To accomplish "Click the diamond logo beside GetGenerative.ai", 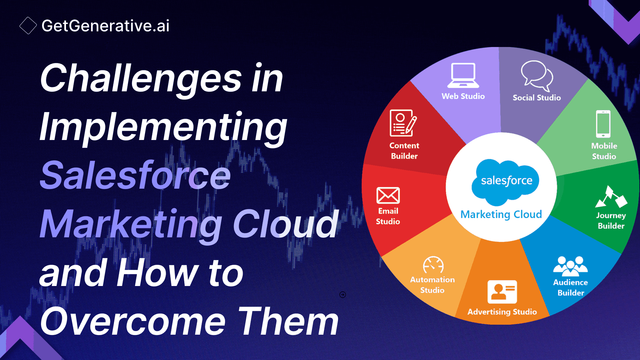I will [x=28, y=26].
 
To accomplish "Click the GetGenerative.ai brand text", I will [x=105, y=26].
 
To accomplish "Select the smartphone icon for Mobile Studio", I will [x=603, y=124].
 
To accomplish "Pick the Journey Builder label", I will [x=611, y=220].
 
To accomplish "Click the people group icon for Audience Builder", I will [x=570, y=266].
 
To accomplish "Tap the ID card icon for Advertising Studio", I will [x=502, y=292].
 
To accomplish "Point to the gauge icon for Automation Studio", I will [x=433, y=265].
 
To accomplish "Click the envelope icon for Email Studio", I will [x=388, y=195].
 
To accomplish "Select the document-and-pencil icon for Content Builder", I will [x=403, y=123].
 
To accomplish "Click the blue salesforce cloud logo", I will [x=506, y=181].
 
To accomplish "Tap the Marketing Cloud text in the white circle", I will [x=501, y=214].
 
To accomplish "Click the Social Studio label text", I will [x=536, y=98].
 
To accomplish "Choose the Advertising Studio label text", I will [x=502, y=312].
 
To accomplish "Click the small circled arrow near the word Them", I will [x=343, y=295].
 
